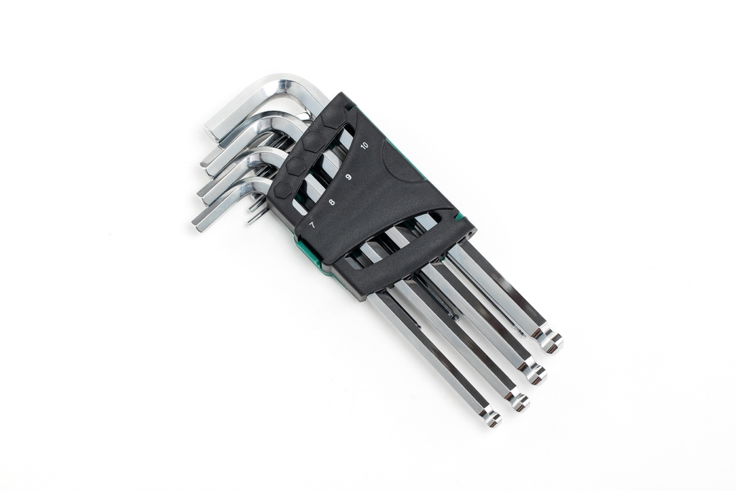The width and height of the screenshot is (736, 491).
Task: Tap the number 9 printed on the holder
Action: click(349, 178)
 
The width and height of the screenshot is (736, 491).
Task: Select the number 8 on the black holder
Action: click(331, 202)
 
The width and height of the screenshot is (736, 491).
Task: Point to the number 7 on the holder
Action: click(312, 224)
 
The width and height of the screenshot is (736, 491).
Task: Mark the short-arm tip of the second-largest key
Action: click(206, 159)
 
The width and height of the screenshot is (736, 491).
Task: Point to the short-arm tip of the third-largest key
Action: click(203, 191)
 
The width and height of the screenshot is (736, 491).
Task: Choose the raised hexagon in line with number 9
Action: click(311, 142)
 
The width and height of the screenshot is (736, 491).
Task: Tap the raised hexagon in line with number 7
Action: click(283, 188)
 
